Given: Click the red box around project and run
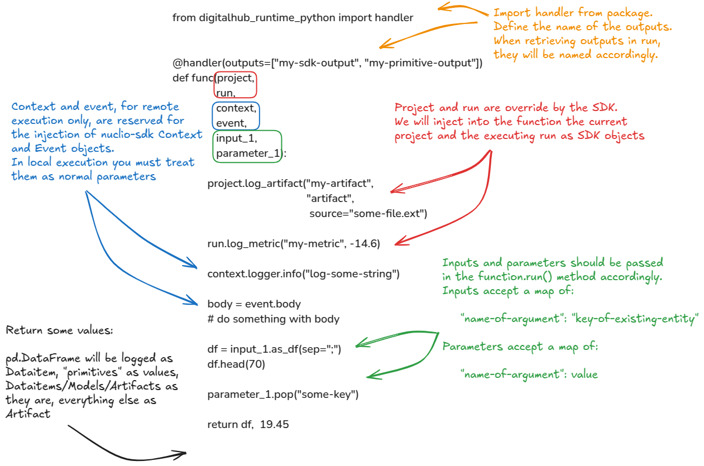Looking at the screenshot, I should (235, 85).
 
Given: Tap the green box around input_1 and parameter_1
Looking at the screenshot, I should (247, 146).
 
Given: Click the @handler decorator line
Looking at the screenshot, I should (327, 63).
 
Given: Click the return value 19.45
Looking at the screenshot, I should (274, 425).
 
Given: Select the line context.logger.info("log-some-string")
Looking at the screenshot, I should (304, 274).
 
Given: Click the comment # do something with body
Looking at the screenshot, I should (273, 319).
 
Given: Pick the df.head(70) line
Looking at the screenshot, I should (236, 364).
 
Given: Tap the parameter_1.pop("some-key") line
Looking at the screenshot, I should (282, 395).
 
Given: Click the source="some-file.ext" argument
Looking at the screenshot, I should (368, 213).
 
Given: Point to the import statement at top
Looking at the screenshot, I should (293, 18).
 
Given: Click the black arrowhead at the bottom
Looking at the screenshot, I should (182, 453).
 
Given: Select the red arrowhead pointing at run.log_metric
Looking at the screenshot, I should (397, 243).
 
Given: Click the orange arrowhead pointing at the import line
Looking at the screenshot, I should (441, 7).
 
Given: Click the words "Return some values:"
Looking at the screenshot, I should (60, 330).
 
